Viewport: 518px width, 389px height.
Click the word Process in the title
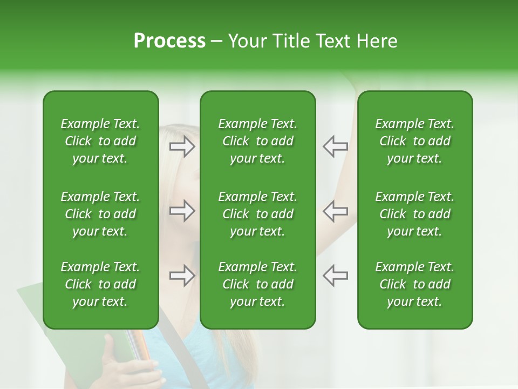(x=169, y=41)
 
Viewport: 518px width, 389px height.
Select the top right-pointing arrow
(x=182, y=146)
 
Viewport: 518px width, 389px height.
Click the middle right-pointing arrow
(x=182, y=211)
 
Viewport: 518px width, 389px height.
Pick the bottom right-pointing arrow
(x=182, y=276)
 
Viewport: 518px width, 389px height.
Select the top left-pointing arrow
(x=335, y=146)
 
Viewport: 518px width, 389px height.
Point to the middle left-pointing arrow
(x=335, y=211)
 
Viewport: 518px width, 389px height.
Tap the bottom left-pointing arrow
(x=335, y=276)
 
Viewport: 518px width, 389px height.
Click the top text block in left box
(x=100, y=141)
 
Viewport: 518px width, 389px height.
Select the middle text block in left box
(x=100, y=214)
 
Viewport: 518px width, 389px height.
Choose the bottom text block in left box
(x=100, y=284)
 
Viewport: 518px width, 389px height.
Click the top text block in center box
(x=257, y=141)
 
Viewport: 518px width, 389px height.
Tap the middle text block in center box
(x=257, y=214)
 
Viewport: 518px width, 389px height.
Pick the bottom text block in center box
(x=257, y=284)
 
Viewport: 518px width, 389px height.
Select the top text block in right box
(x=414, y=141)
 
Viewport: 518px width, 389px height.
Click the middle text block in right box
(x=414, y=214)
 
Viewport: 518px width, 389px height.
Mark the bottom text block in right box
(x=414, y=284)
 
